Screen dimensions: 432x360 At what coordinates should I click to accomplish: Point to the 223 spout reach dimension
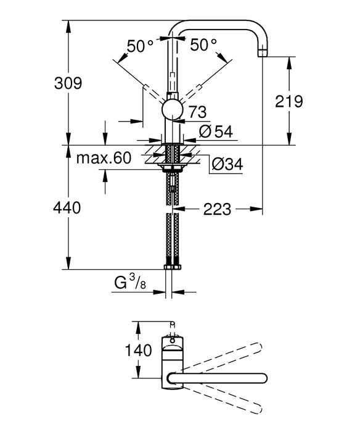tap(216, 210)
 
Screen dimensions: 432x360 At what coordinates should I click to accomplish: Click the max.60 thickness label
tap(104, 158)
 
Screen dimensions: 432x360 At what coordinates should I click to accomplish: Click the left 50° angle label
tap(140, 45)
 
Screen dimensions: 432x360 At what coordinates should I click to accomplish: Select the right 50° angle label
tap(204, 45)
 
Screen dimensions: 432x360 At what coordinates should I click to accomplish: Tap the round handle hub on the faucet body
tap(172, 112)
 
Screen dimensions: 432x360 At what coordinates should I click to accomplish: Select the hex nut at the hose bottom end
tap(172, 267)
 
